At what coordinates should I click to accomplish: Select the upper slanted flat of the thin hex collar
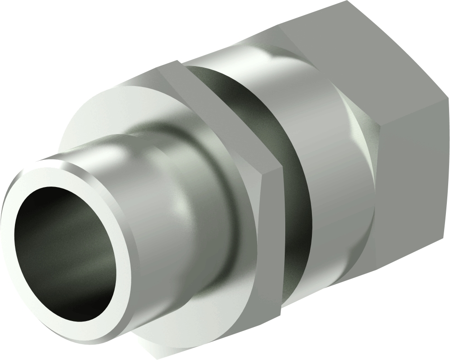pyautogui.click(x=217, y=109)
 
